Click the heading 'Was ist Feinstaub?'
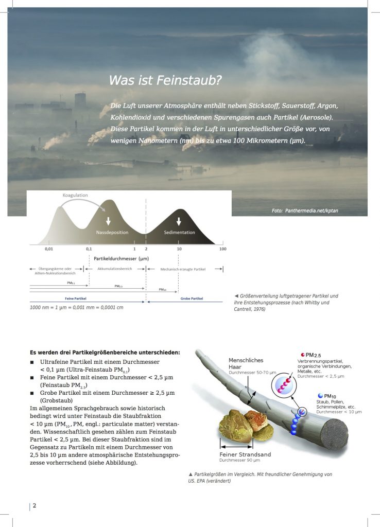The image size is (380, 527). [x=165, y=81]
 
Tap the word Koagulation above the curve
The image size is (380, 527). [x=75, y=195]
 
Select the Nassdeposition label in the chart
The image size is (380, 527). [x=112, y=233]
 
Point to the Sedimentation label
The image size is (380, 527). [x=179, y=233]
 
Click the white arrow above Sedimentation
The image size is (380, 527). [x=179, y=221]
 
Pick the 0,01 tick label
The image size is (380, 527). [x=48, y=249]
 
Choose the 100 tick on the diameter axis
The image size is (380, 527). [x=222, y=249]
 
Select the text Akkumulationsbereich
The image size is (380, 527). [x=114, y=269]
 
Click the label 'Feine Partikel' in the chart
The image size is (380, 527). [x=75, y=298]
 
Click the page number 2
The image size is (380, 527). [x=34, y=505]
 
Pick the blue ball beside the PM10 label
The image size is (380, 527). [x=320, y=395]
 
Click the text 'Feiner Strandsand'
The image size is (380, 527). [x=245, y=454]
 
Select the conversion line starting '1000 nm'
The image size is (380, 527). [x=80, y=307]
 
